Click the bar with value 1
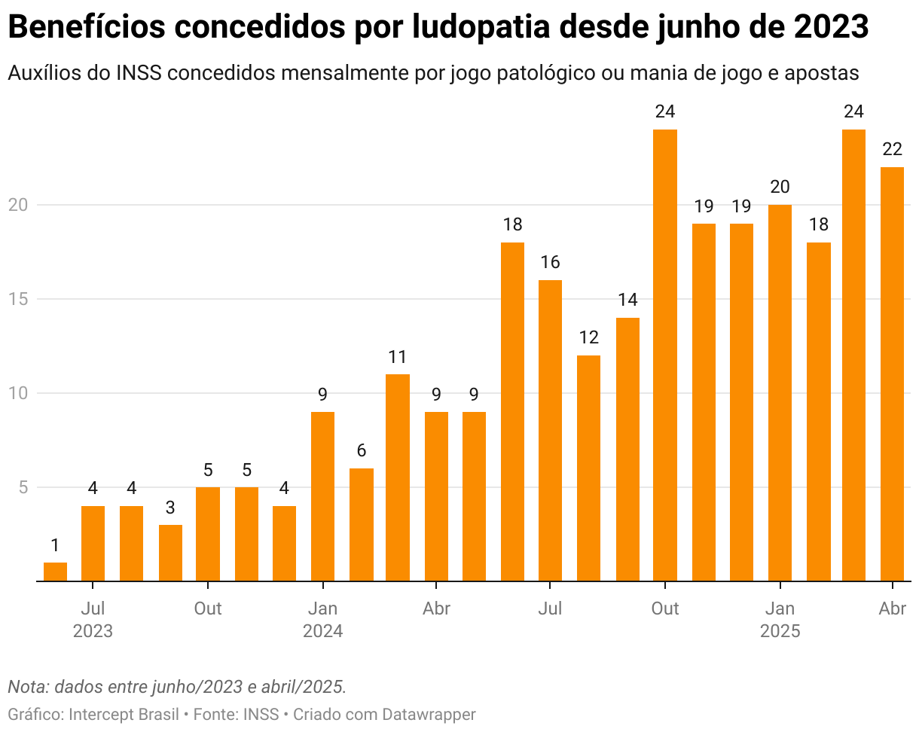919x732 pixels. [x=55, y=572]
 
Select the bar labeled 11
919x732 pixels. [x=398, y=477]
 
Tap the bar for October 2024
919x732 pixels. [x=664, y=355]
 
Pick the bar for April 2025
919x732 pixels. [x=893, y=374]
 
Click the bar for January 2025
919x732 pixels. [x=780, y=393]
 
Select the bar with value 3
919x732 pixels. [x=170, y=553]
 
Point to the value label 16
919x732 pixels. [x=550, y=262]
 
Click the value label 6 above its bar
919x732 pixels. [x=361, y=450]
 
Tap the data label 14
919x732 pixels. [x=627, y=300]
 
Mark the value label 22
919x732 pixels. [x=893, y=149]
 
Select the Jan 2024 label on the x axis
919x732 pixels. [x=322, y=619]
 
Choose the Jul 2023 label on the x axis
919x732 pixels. [x=93, y=619]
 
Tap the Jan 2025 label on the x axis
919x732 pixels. [x=780, y=619]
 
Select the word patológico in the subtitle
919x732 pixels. [x=512, y=74]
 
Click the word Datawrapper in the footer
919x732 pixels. [x=429, y=714]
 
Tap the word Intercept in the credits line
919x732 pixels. [x=98, y=714]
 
